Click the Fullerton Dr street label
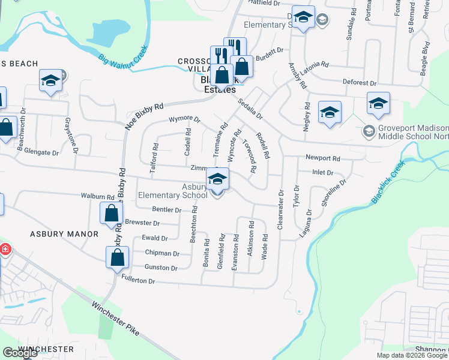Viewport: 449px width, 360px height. coord(138,281)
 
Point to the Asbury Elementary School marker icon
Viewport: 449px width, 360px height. coord(217,178)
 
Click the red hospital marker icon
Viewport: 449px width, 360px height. coord(4,250)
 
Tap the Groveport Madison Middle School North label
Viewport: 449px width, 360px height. coord(414,133)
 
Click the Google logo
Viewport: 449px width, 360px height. coord(20,352)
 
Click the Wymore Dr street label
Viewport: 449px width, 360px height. coord(184,120)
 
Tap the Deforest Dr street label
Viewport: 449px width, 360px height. coord(359,83)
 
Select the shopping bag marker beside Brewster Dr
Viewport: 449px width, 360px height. coord(112,213)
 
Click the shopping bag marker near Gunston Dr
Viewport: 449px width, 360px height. coord(118,257)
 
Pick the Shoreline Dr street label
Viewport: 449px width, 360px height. coord(334,193)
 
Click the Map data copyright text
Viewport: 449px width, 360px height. coord(412,355)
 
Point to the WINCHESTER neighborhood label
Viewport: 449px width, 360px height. coord(46,349)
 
